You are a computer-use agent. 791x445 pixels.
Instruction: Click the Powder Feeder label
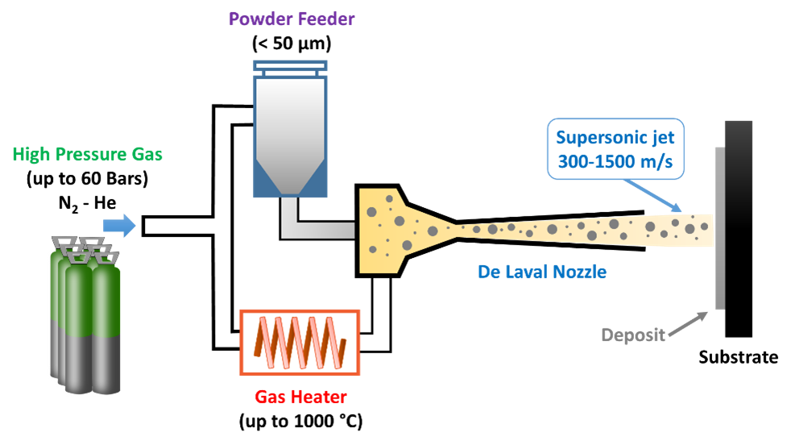(x=292, y=19)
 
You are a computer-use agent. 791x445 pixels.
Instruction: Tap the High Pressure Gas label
(x=88, y=154)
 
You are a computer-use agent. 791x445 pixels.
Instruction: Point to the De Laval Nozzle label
(x=541, y=272)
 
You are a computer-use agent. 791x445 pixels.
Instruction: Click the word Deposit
(x=633, y=335)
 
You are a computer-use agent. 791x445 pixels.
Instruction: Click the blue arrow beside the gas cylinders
(x=120, y=226)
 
